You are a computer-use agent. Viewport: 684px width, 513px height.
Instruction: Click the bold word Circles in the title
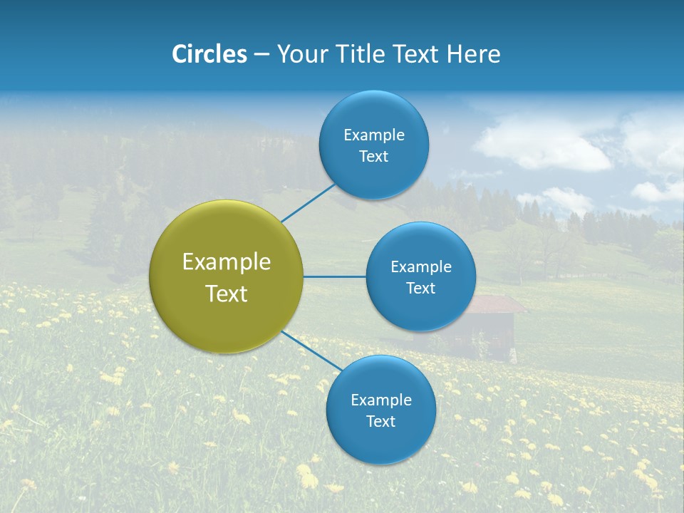[x=209, y=54]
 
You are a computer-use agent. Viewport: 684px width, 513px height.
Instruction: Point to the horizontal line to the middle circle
[x=334, y=276]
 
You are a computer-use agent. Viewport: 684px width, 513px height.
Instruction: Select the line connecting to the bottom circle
[x=312, y=351]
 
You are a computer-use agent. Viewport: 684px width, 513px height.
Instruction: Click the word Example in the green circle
[x=227, y=262]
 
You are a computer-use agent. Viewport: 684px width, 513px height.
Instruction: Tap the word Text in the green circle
[x=227, y=294]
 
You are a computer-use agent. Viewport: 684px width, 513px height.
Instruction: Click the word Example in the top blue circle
[x=373, y=135]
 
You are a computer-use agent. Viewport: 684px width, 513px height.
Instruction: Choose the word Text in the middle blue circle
[x=420, y=288]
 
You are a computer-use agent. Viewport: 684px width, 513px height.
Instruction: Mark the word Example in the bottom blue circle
[x=380, y=400]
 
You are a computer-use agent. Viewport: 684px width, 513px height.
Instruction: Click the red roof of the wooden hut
[x=499, y=305]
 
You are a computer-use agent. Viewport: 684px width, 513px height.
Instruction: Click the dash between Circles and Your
[x=261, y=54]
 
